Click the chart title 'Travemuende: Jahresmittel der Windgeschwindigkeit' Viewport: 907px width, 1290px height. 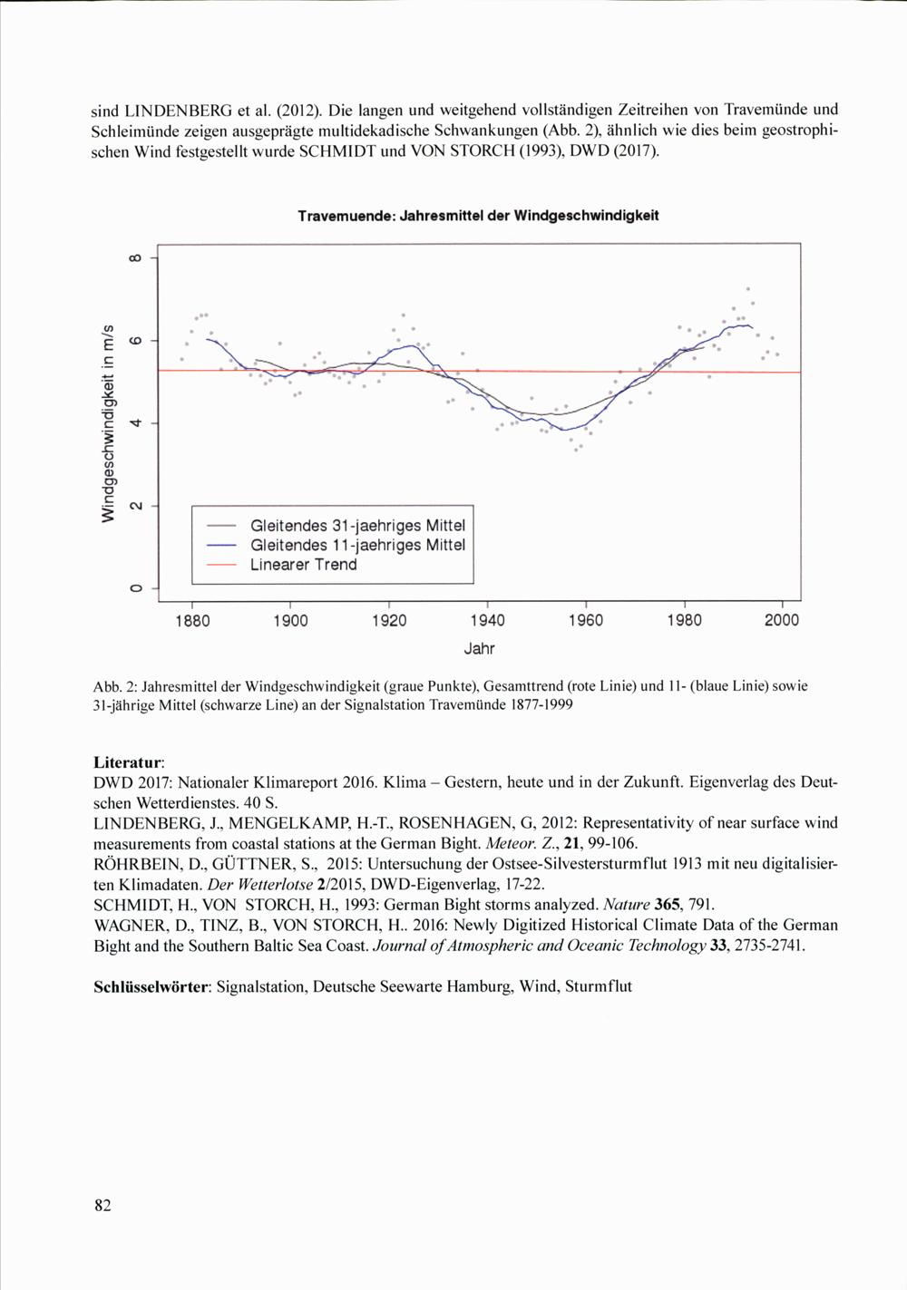[478, 216]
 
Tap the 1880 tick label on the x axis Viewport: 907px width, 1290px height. [192, 621]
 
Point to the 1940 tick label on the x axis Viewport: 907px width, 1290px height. [487, 621]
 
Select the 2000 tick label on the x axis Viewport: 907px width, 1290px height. [782, 621]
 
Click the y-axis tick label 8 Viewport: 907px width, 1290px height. [134, 258]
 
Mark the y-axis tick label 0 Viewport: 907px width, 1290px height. [134, 589]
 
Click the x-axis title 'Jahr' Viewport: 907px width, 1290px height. [479, 649]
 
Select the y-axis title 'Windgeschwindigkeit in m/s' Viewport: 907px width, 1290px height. [110, 422]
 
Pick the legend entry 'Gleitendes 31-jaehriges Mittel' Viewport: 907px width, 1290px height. [357, 526]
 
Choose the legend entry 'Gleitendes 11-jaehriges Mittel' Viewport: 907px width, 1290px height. [357, 545]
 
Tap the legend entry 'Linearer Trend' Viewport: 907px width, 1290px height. [303, 565]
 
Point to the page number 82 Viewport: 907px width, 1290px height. [102, 1205]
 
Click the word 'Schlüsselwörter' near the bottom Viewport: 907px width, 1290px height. [151, 986]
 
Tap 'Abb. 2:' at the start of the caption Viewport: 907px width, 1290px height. [115, 686]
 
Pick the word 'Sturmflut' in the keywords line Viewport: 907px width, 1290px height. [598, 986]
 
